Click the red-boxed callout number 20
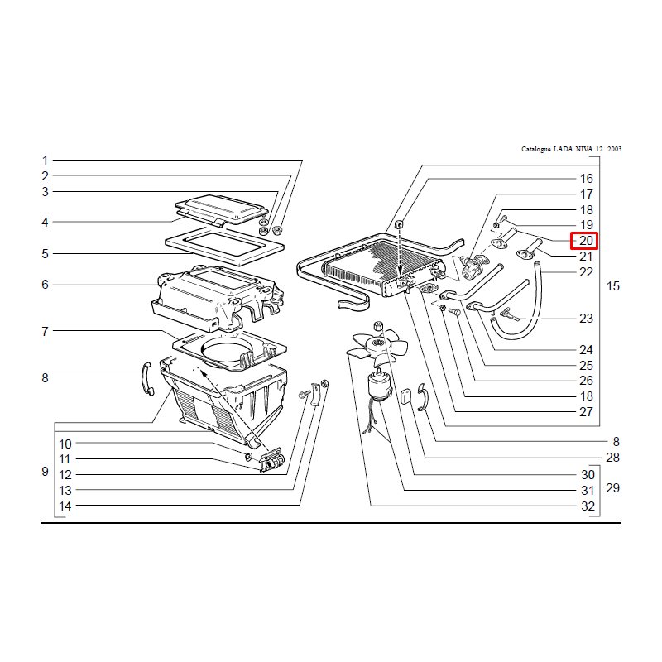coord(586,241)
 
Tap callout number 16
coord(586,179)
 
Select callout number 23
coord(586,319)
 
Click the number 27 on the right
coord(586,411)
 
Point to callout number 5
coord(46,254)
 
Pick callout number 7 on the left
coord(46,332)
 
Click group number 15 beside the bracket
coord(613,286)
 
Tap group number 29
coord(612,488)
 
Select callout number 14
coord(65,506)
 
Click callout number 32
coord(588,506)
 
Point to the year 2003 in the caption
coord(614,149)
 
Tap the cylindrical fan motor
coord(379,386)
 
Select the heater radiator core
coord(382,266)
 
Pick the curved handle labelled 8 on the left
coord(146,379)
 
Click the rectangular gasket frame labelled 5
coord(224,246)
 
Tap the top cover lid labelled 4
coord(221,210)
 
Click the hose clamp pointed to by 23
coord(509,314)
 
